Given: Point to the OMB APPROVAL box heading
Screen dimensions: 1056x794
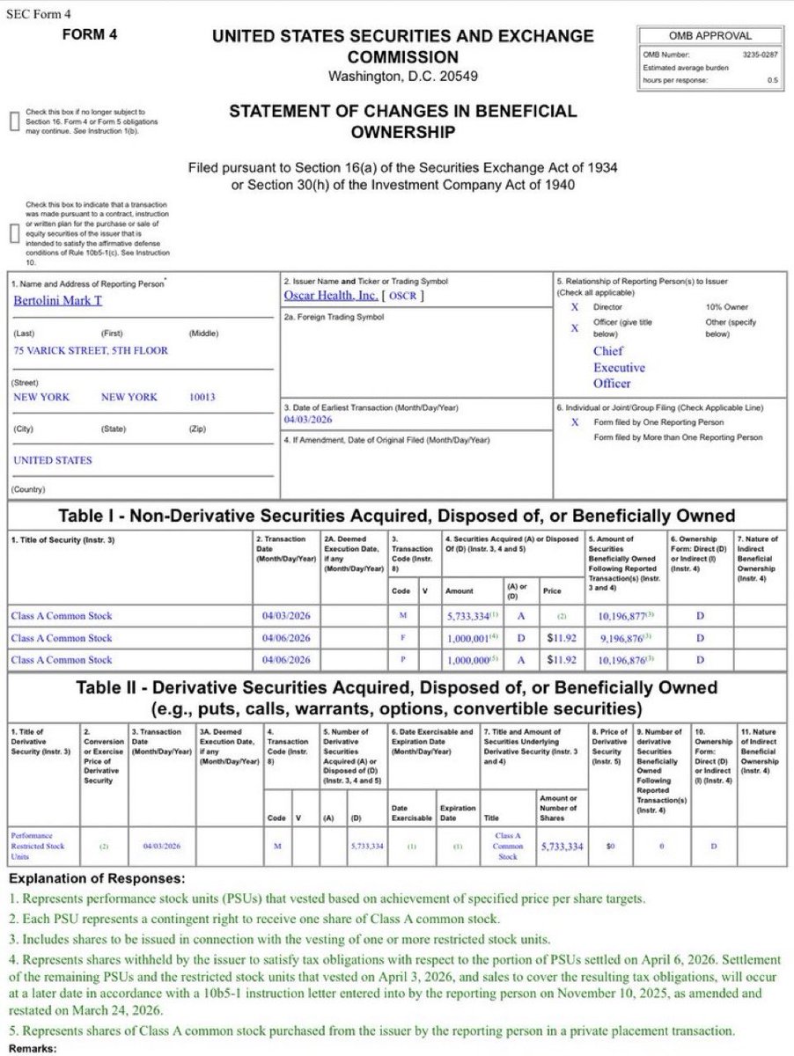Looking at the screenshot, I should (x=711, y=36).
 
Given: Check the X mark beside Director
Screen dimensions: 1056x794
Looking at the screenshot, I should (x=574, y=307).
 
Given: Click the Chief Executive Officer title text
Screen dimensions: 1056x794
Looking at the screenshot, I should (x=618, y=367).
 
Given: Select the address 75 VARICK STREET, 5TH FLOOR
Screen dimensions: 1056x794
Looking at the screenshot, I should (x=90, y=350).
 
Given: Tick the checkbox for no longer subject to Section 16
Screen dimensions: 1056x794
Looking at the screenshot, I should (x=13, y=121).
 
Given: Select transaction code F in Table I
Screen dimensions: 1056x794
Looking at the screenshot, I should (x=402, y=638).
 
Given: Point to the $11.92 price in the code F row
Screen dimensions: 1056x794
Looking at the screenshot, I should (x=561, y=638).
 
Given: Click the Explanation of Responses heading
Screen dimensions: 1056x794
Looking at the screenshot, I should (x=97, y=878).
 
